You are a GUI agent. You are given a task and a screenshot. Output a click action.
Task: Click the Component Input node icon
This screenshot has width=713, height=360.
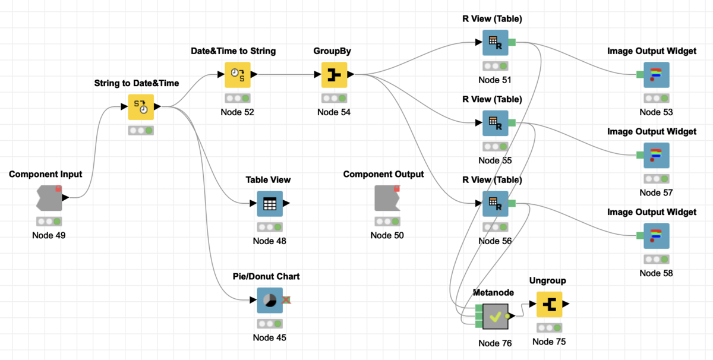(49, 198)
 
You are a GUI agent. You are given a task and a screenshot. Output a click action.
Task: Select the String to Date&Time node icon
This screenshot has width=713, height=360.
(141, 107)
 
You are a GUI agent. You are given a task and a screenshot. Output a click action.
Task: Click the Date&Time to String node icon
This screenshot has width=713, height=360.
(237, 75)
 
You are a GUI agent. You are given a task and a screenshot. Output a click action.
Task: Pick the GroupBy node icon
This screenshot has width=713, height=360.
(334, 75)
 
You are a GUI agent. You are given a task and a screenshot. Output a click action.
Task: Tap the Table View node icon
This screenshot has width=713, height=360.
(270, 204)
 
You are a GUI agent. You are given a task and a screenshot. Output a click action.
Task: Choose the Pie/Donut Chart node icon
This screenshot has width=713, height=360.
(270, 301)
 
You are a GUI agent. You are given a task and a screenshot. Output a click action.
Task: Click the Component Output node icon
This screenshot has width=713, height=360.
(387, 198)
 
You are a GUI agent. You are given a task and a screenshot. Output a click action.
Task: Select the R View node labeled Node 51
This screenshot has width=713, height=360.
(495, 43)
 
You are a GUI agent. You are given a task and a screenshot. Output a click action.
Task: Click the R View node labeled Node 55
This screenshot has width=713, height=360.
(495, 123)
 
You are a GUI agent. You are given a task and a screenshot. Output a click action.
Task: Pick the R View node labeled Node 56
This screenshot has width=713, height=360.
(495, 204)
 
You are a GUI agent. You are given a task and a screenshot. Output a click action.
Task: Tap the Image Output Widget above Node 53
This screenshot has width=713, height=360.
(656, 75)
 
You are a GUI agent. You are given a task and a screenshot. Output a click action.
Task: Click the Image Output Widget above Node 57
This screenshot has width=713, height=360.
(656, 155)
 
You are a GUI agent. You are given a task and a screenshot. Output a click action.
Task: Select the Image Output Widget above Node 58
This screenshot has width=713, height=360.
(656, 236)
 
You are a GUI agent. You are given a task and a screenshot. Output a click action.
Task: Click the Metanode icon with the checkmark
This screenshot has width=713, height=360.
(495, 317)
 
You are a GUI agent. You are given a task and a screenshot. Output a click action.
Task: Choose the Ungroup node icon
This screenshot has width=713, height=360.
(549, 304)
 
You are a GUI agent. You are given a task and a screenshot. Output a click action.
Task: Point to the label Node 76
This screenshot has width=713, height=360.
(495, 343)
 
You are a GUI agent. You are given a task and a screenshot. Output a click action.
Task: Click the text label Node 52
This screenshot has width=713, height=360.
(237, 112)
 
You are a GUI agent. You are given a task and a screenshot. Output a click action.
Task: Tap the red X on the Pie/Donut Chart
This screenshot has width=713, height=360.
(286, 301)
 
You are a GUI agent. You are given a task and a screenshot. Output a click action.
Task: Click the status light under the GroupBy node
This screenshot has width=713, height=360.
(334, 99)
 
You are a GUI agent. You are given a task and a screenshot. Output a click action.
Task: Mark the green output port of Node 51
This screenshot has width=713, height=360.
(512, 43)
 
